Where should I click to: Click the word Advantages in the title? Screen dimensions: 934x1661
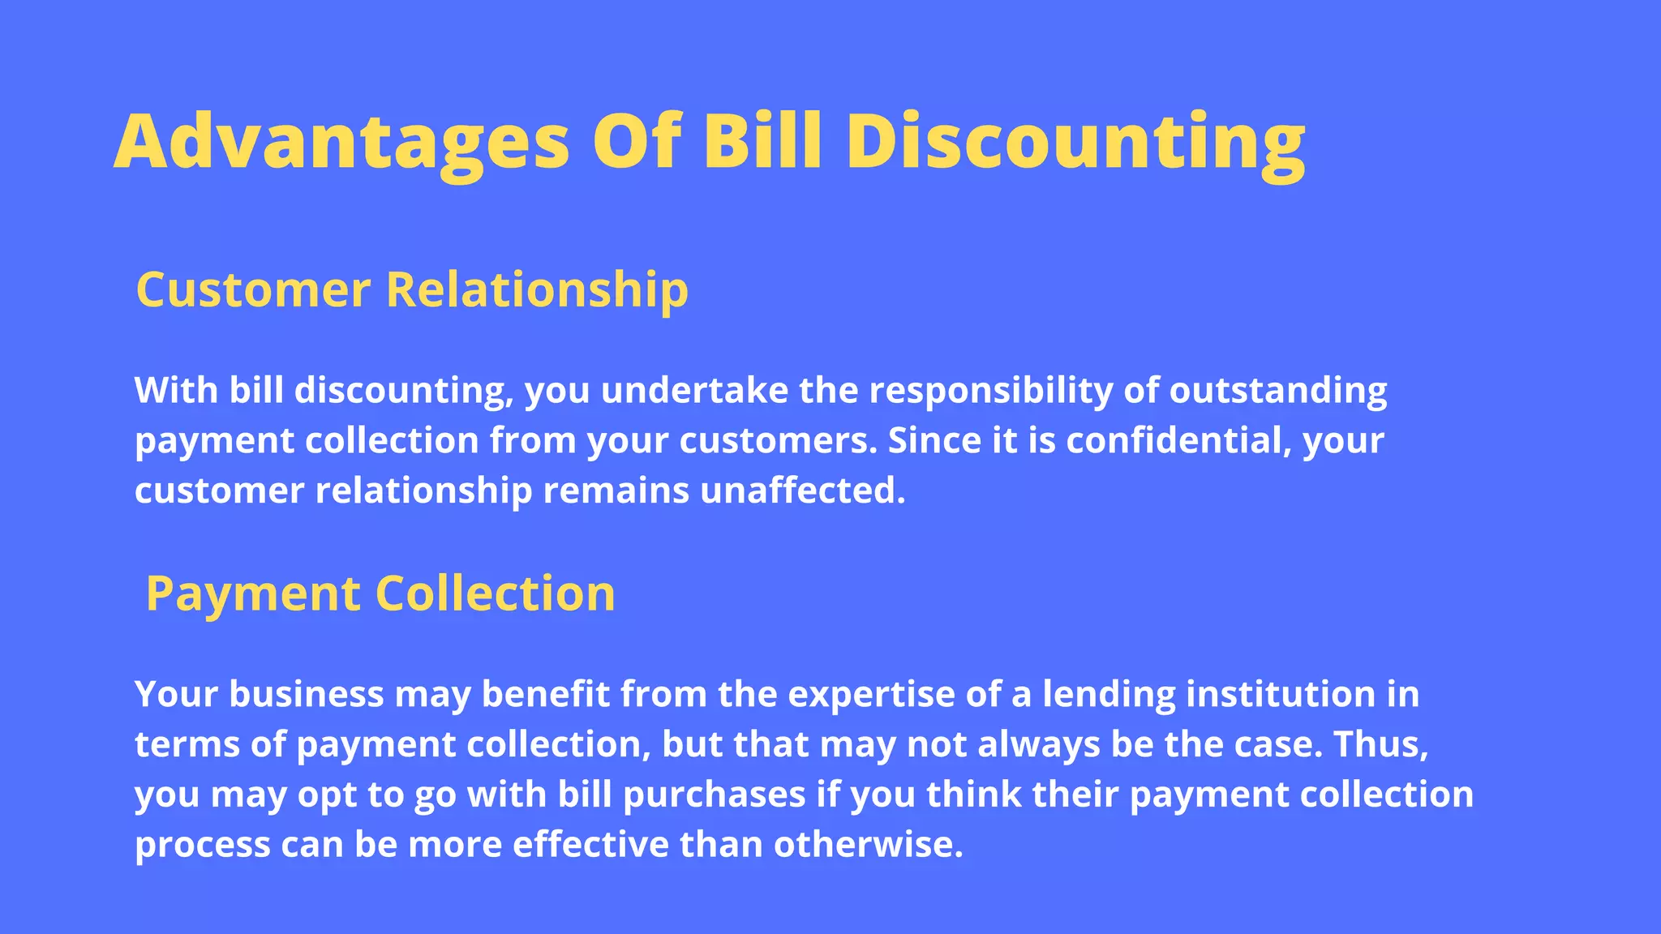coord(341,142)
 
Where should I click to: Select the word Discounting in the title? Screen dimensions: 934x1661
coord(1075,142)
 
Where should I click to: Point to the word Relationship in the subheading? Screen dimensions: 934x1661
coord(537,289)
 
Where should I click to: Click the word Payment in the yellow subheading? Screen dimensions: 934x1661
coord(253,593)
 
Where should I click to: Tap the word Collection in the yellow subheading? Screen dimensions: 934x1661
coord(495,593)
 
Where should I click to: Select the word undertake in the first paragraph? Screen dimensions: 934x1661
coord(694,391)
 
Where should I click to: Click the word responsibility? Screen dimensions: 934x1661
coord(991,391)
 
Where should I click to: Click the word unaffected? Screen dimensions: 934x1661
coord(802,491)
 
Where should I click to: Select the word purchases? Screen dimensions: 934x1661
coord(714,795)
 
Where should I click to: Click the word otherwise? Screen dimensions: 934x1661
coord(868,846)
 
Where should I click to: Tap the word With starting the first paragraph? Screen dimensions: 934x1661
coord(176,391)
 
